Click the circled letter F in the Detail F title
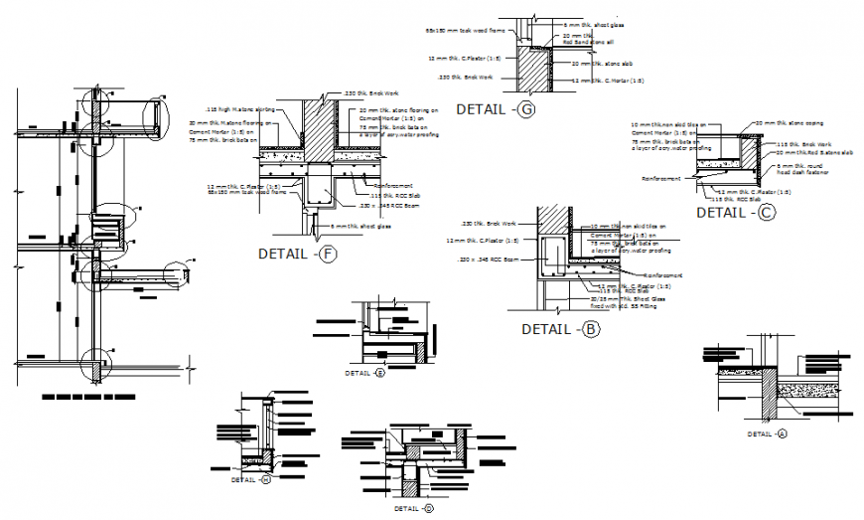click(329, 255)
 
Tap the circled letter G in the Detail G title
click(526, 109)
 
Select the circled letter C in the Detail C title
click(766, 212)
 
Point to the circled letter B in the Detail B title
click(592, 329)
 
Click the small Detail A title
click(767, 433)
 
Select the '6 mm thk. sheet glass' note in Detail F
click(365, 227)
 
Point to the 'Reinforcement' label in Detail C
click(661, 179)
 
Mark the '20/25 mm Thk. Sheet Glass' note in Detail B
click(625, 300)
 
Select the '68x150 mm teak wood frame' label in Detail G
click(460, 31)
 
